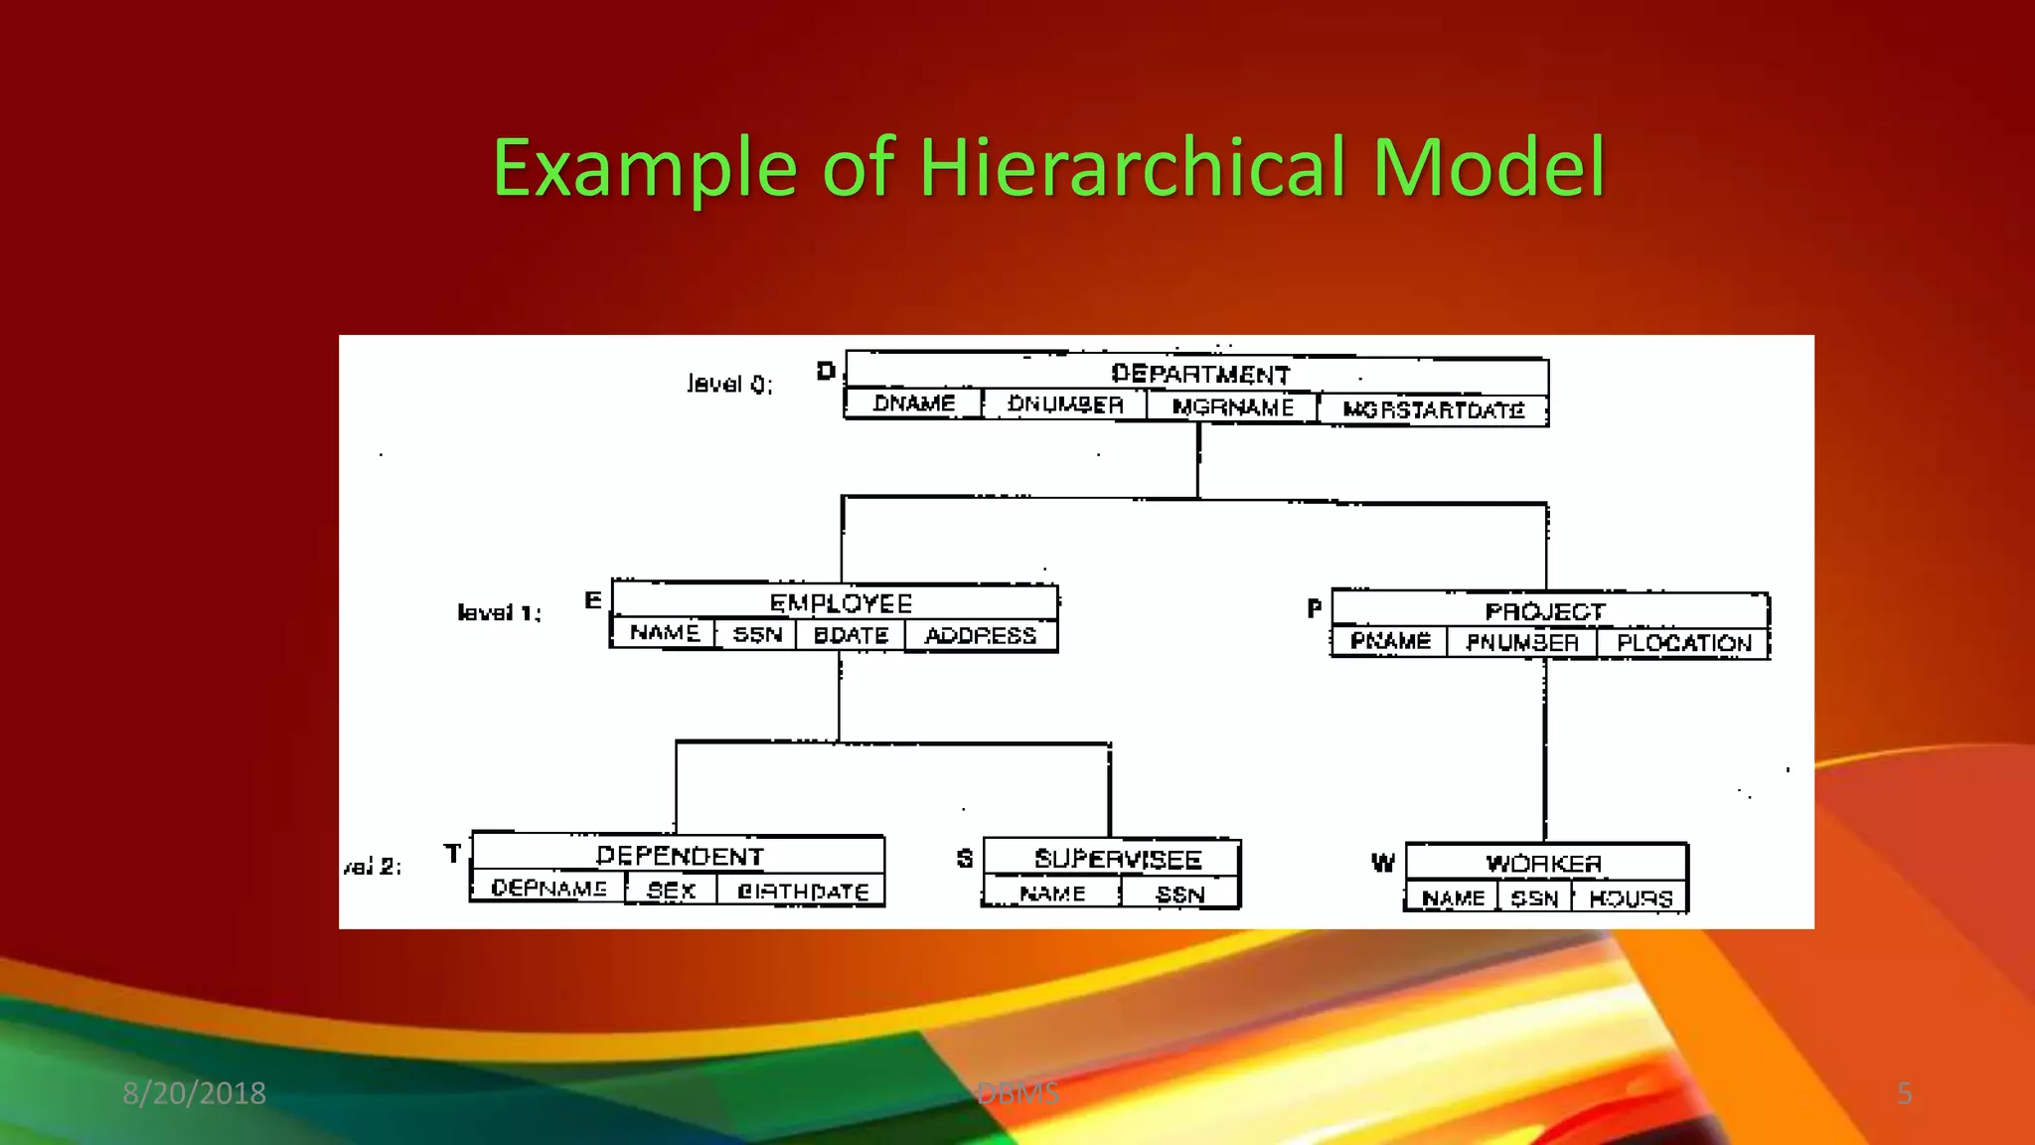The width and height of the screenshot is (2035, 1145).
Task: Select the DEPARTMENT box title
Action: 1200,374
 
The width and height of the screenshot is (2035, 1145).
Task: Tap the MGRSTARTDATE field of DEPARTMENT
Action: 1433,409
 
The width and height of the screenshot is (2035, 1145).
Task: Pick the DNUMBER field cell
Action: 1065,405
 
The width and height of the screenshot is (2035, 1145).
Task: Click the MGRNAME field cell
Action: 1232,407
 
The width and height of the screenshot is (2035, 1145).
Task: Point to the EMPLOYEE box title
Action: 841,603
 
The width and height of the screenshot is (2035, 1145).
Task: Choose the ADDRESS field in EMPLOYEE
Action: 980,635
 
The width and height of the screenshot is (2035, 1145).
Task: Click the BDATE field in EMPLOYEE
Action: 851,635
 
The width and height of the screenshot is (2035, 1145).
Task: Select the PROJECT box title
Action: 1544,611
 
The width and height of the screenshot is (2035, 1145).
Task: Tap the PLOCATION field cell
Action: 1683,643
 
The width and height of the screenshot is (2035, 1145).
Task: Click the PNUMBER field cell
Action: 1522,642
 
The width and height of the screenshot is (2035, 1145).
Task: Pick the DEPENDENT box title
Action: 680,856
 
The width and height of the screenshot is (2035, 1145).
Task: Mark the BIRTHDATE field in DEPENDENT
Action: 803,892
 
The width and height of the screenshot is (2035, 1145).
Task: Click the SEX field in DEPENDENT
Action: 671,891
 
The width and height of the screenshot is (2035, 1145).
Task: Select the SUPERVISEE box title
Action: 1118,859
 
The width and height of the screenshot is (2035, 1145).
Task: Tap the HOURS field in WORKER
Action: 1631,899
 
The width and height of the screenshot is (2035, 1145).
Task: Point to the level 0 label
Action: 729,384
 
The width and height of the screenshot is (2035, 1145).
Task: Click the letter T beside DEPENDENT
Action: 453,854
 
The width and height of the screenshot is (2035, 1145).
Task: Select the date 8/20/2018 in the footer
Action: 194,1093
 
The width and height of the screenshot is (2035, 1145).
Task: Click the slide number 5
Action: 1904,1093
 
